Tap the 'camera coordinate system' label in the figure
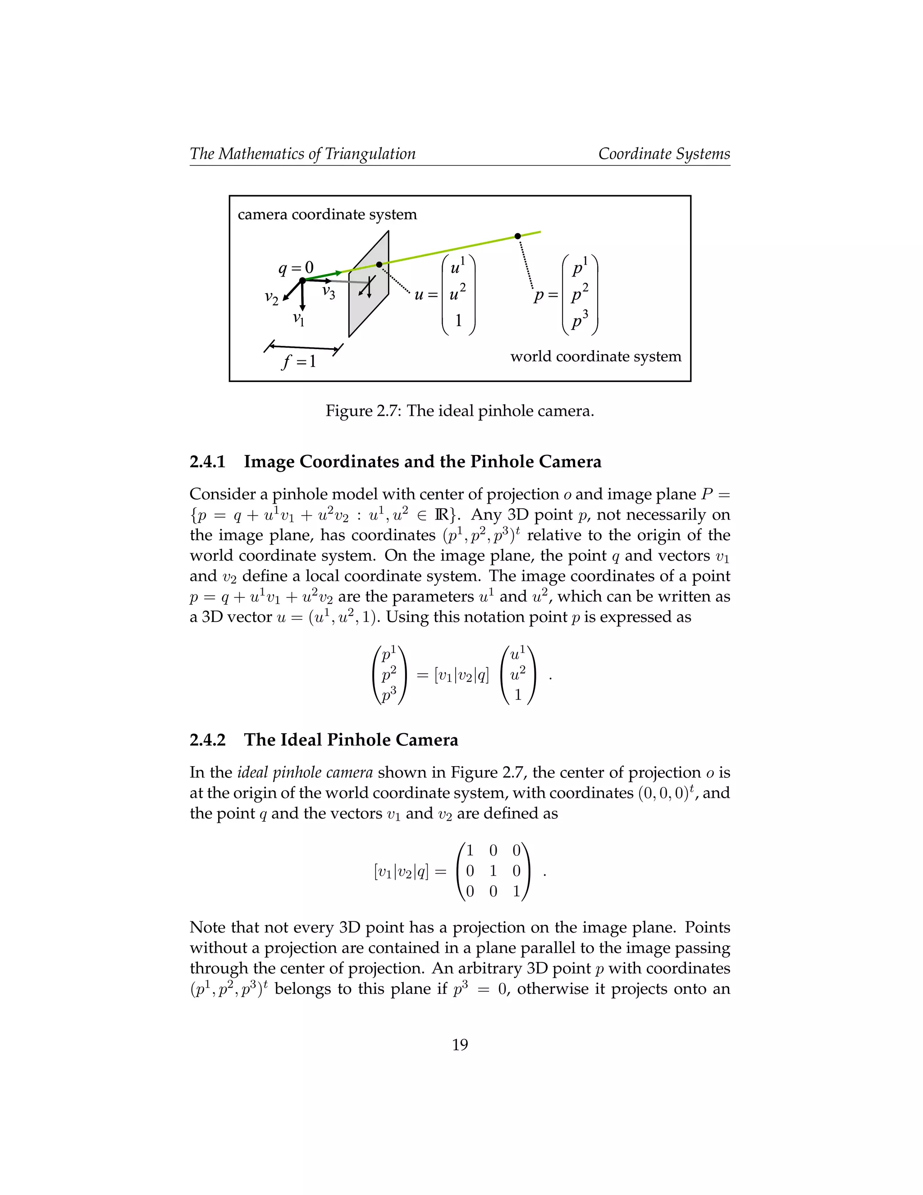[x=327, y=215]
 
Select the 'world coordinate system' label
[x=595, y=357]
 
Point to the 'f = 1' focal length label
[x=298, y=362]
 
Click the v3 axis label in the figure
[x=329, y=292]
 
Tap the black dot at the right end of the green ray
[x=517, y=236]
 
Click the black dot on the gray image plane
[x=379, y=265]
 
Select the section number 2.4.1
[x=207, y=462]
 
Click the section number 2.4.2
[x=207, y=740]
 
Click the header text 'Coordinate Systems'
[x=664, y=154]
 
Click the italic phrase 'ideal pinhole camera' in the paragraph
[x=305, y=772]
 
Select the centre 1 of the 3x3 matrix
[x=493, y=870]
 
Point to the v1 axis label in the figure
[x=298, y=318]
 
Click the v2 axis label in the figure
[x=271, y=298]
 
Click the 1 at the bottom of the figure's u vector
[x=458, y=321]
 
